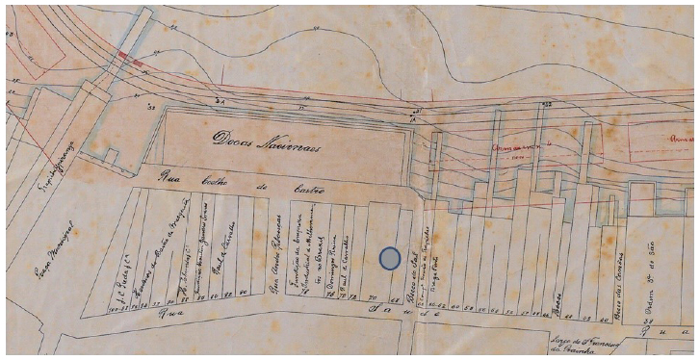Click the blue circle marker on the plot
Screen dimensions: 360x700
click(x=389, y=257)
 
